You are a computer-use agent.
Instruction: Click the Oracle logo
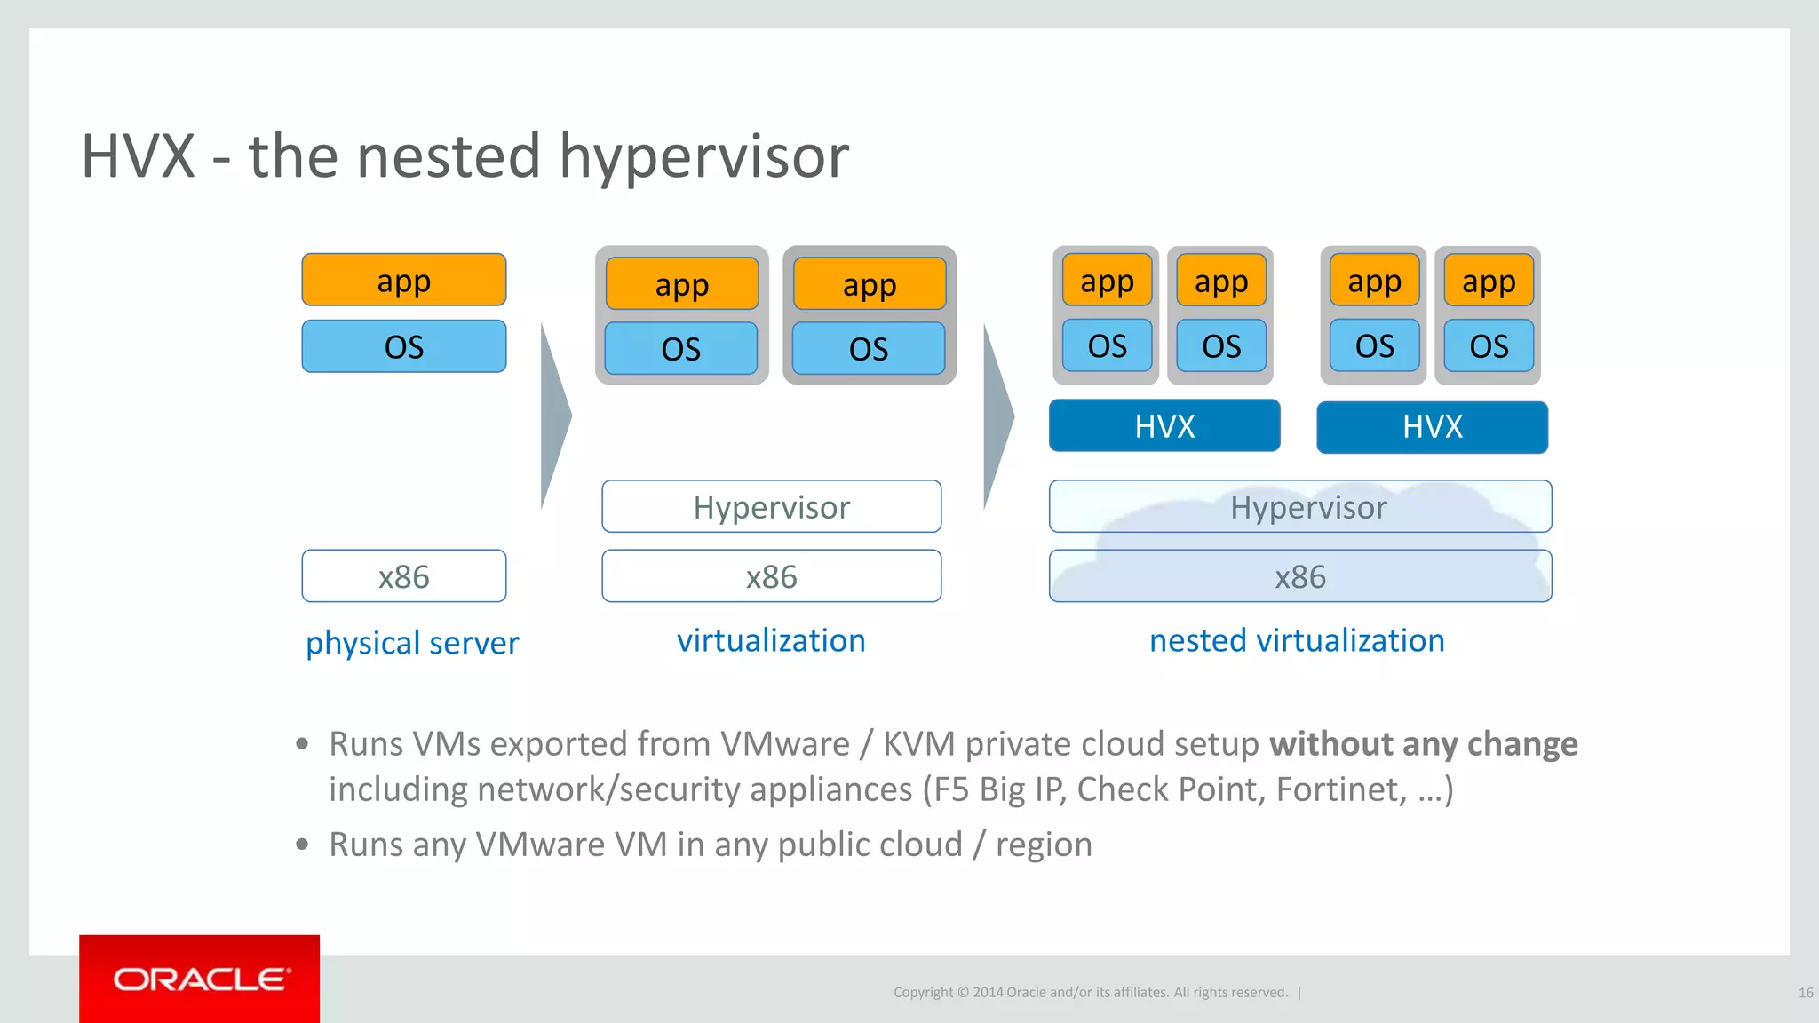click(x=200, y=979)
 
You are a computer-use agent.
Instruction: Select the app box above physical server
click(x=404, y=281)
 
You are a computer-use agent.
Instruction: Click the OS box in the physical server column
click(x=404, y=346)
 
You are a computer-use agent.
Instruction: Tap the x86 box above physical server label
click(x=404, y=576)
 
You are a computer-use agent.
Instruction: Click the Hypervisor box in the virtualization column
click(x=771, y=507)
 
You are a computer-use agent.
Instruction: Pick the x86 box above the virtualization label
click(x=771, y=576)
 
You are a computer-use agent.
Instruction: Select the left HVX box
click(x=1164, y=426)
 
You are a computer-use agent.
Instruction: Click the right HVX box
click(x=1432, y=427)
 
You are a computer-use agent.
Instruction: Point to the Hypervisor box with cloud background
click(x=1300, y=507)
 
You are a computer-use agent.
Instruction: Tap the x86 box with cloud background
click(x=1300, y=576)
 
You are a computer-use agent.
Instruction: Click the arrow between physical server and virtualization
click(x=554, y=416)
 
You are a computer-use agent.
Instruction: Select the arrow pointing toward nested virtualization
click(x=997, y=416)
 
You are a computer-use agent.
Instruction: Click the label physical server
click(x=412, y=642)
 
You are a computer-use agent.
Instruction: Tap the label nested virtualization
click(x=1297, y=640)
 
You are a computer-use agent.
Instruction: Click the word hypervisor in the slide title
click(x=703, y=156)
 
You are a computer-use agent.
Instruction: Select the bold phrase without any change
click(x=1423, y=743)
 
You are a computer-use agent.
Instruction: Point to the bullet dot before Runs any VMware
click(x=303, y=844)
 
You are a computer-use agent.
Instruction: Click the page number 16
click(x=1805, y=993)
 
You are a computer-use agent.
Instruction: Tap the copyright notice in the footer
click(x=1090, y=993)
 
